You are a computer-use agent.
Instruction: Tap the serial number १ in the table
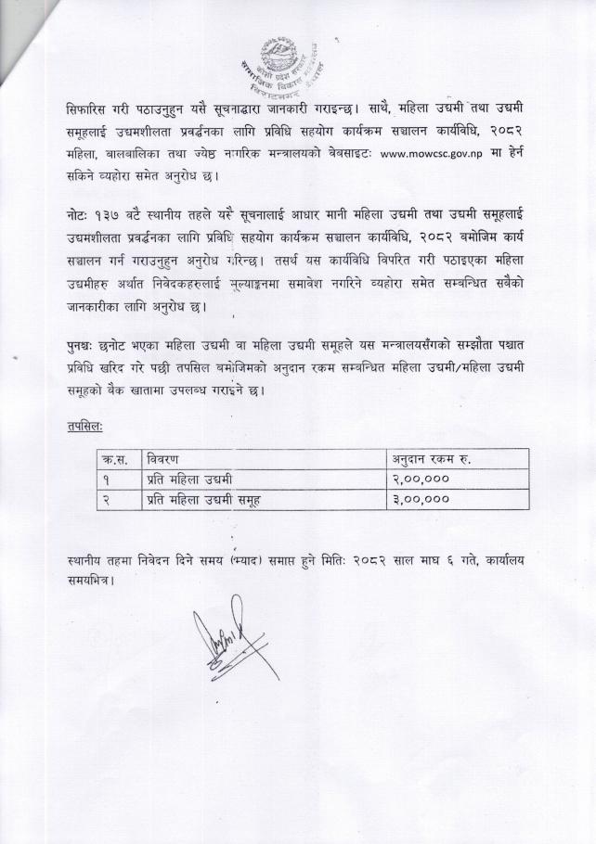coord(108,479)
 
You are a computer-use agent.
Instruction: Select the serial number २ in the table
coord(108,499)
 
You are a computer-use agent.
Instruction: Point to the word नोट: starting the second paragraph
coord(81,216)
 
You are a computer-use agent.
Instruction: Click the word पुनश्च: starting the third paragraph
coord(86,346)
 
